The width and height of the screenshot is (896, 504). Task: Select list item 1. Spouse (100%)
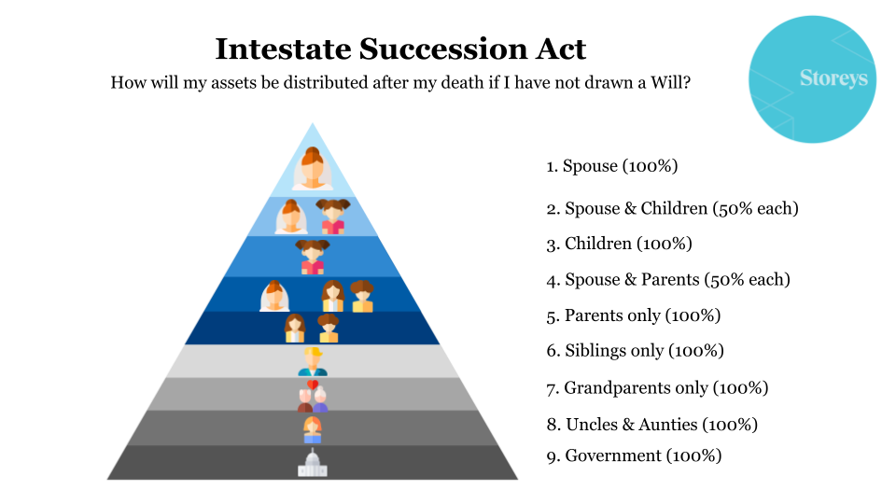(611, 166)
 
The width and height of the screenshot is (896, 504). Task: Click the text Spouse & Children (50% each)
(672, 208)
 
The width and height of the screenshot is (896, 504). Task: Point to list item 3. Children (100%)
(619, 244)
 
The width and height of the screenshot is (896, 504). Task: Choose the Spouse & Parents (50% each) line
(668, 279)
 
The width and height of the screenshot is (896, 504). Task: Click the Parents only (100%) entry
(633, 315)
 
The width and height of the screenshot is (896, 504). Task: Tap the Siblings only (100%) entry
(635, 351)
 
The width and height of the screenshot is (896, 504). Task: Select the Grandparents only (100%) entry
(657, 387)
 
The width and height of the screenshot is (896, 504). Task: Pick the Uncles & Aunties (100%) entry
(651, 424)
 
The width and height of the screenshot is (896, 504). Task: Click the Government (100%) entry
(634, 456)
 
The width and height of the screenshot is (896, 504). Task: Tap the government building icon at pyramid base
(312, 463)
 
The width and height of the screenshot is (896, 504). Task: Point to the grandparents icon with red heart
(312, 396)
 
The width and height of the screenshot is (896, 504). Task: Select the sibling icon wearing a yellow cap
(312, 361)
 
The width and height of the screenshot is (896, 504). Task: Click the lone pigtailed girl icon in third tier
(312, 257)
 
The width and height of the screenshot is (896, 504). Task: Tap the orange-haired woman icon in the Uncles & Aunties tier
(312, 429)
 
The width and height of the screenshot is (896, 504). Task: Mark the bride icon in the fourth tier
(274, 296)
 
